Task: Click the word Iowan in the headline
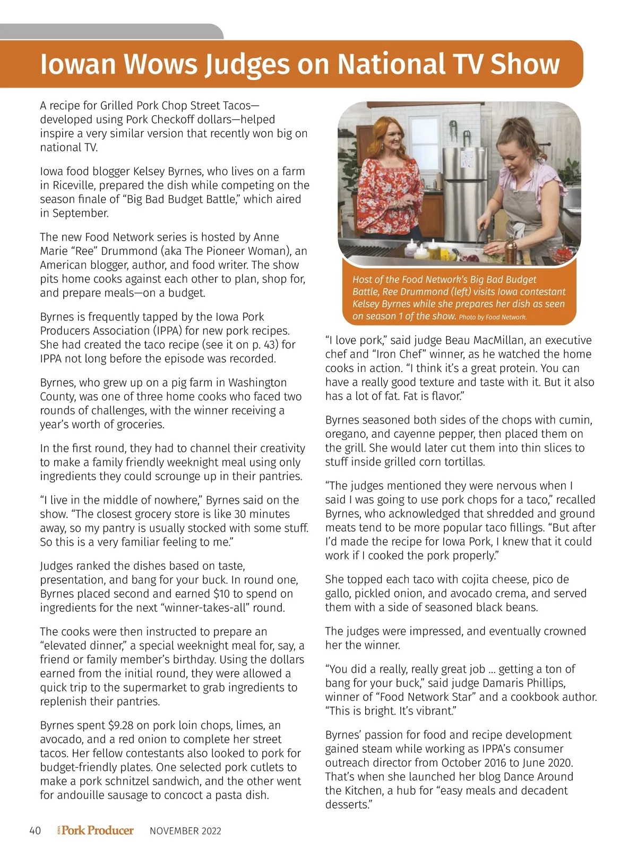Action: [x=78, y=64]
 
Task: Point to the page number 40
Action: [x=35, y=831]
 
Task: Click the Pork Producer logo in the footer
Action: [x=96, y=830]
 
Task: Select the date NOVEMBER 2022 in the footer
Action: [x=185, y=831]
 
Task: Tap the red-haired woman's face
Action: [x=392, y=142]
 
